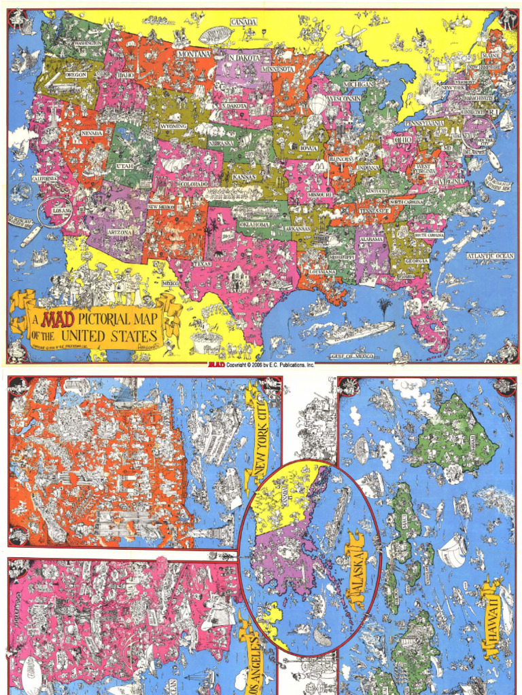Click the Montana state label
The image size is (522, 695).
[x=194, y=53]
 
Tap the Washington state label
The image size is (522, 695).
[x=88, y=43]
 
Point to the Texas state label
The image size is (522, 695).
[x=203, y=263]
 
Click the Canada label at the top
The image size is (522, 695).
[x=243, y=22]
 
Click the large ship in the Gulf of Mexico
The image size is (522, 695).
[x=358, y=331]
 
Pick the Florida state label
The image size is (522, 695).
[x=406, y=277]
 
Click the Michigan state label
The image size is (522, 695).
[x=358, y=84]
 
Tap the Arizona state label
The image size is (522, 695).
[x=119, y=232]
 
